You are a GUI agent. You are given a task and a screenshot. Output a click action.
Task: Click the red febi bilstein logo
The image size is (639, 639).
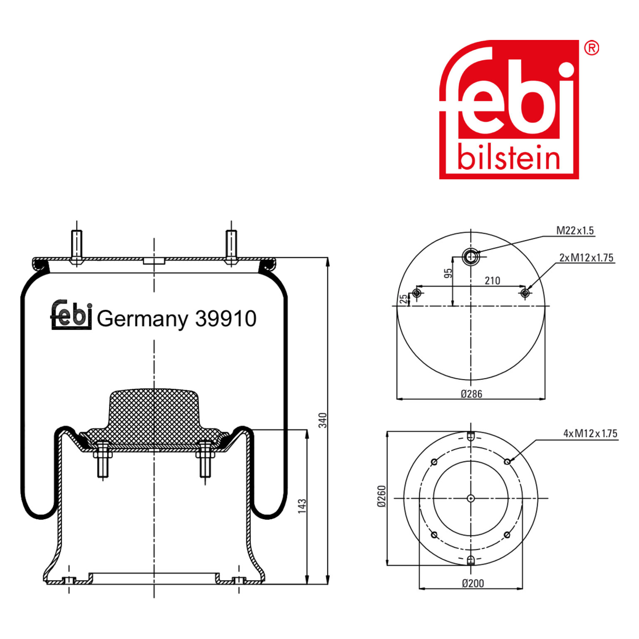click(x=509, y=109)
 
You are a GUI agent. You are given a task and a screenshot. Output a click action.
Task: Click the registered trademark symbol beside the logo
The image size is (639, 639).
click(x=591, y=48)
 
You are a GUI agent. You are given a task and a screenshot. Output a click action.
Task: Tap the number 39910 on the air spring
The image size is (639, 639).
click(x=226, y=319)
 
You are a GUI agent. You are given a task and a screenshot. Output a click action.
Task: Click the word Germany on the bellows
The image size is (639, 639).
click(x=142, y=319)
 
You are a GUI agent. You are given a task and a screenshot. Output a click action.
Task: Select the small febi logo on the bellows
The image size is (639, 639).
click(x=71, y=315)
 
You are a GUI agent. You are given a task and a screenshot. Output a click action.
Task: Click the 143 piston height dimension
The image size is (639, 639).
click(x=302, y=505)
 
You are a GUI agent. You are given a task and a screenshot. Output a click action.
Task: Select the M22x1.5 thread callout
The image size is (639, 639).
click(x=575, y=230)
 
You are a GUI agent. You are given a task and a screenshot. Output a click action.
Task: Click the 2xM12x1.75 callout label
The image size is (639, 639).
click(x=586, y=258)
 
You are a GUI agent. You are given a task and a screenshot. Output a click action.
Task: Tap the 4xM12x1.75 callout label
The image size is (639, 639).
click(x=590, y=433)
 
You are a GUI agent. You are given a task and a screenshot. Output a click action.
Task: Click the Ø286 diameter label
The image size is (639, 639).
click(x=471, y=394)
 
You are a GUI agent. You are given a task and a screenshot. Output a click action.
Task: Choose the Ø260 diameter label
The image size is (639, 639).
click(x=381, y=496)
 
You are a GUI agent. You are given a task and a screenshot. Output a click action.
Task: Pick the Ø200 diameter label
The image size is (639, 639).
click(x=473, y=583)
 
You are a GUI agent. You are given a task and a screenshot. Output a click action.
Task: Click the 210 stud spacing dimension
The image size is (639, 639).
click(x=492, y=281)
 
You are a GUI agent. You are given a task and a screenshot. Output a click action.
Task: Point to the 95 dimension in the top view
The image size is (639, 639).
click(x=448, y=273)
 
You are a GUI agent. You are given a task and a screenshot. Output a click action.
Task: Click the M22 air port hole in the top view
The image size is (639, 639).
click(x=471, y=257)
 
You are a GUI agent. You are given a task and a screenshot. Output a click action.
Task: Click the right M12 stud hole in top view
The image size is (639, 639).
click(x=525, y=293)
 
